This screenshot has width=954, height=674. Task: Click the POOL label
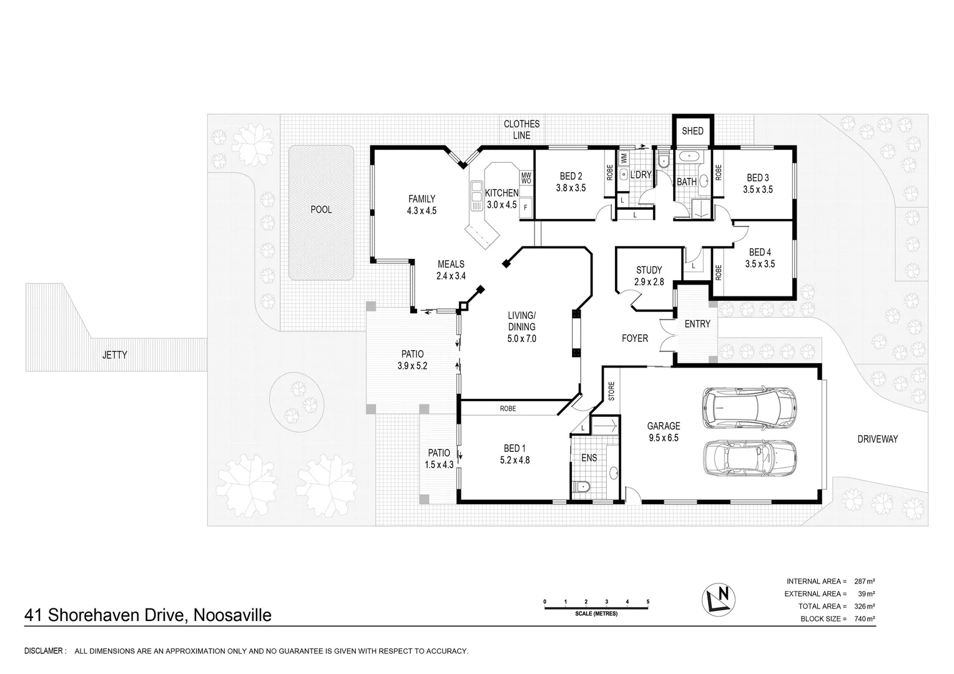pyautogui.click(x=321, y=210)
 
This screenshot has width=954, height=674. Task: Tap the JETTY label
pyautogui.click(x=114, y=354)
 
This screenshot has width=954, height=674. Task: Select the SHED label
pyautogui.click(x=692, y=131)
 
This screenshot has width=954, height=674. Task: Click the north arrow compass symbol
pyautogui.click(x=718, y=599)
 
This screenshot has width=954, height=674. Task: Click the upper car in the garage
pyautogui.click(x=749, y=408)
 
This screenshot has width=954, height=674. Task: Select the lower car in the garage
pyautogui.click(x=749, y=457)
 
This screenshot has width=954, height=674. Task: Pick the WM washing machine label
pyautogui.click(x=624, y=159)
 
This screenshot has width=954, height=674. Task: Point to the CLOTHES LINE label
pyautogui.click(x=522, y=130)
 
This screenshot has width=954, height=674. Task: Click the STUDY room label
pyautogui.click(x=649, y=270)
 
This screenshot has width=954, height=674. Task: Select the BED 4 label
pyautogui.click(x=760, y=253)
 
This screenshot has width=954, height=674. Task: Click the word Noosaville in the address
pyautogui.click(x=232, y=615)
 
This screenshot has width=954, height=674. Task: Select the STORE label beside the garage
pyautogui.click(x=612, y=391)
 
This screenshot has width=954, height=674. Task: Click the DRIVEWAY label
pyautogui.click(x=877, y=439)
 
